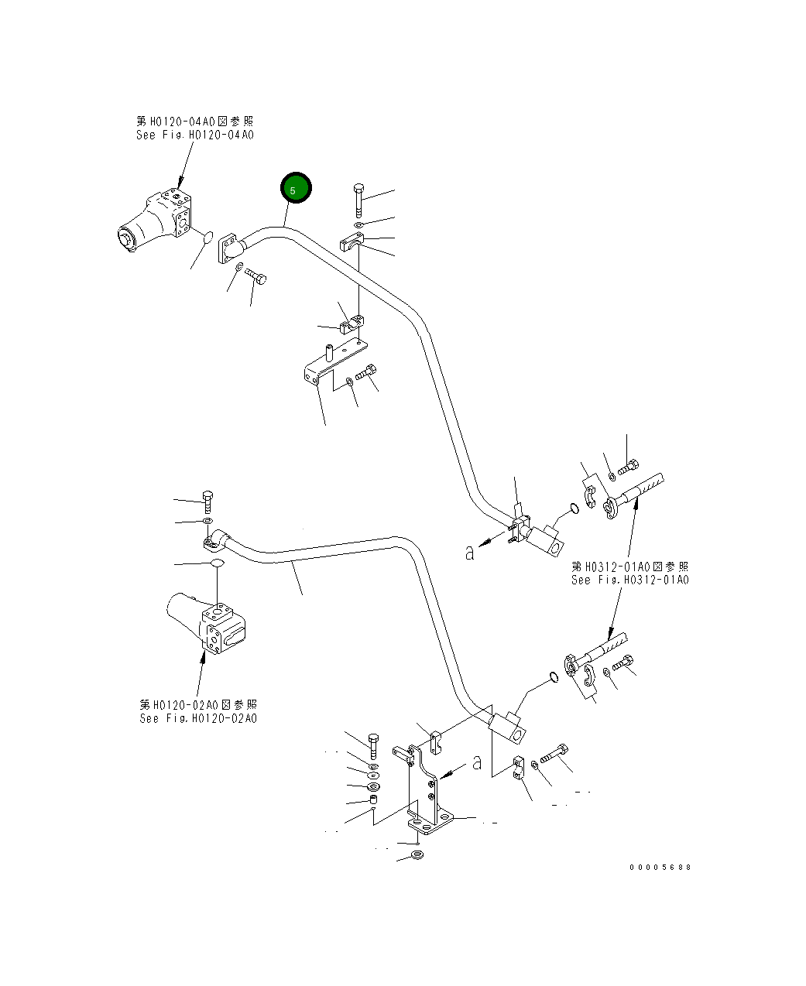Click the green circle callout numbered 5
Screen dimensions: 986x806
295,188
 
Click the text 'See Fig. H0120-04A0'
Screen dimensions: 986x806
194,135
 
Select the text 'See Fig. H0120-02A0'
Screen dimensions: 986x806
198,718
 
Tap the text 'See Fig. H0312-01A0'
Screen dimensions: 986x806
629,580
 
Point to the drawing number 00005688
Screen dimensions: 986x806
660,867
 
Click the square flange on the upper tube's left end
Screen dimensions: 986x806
230,250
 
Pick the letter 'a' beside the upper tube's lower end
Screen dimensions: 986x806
469,553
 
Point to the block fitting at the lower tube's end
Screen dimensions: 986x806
507,728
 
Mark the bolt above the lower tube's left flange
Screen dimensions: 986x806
208,501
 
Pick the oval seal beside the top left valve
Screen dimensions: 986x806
206,238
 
